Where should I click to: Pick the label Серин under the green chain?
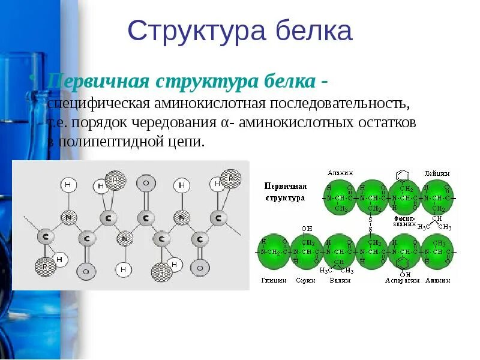[x=305, y=281]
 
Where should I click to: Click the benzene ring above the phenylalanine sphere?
[x=403, y=176]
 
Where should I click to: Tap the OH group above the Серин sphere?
[x=307, y=229]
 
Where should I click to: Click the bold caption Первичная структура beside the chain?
[x=286, y=191]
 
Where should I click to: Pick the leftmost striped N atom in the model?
[x=70, y=216]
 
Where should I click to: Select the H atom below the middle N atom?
[x=124, y=270]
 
